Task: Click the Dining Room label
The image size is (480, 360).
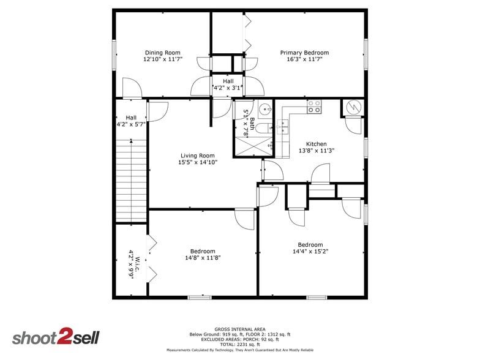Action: (163, 53)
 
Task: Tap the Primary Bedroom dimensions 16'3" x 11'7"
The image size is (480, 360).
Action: (305, 59)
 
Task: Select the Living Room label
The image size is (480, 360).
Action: (197, 156)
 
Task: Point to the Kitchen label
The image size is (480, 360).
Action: (316, 144)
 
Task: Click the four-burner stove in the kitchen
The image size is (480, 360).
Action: (314, 107)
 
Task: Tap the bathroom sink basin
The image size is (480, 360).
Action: (265, 109)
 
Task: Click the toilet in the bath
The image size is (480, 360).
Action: (263, 129)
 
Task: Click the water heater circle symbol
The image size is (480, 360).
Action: (354, 107)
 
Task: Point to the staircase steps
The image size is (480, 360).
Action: (131, 181)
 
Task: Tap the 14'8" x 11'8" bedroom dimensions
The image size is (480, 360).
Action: (203, 258)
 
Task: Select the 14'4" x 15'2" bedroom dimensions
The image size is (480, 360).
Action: (310, 251)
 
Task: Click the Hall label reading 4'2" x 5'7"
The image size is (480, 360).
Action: (131, 121)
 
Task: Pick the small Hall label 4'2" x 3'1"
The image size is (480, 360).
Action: (228, 84)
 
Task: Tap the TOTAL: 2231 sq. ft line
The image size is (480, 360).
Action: (240, 344)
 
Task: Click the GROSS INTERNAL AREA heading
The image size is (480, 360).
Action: (240, 329)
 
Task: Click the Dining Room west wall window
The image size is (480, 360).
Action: (114, 55)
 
